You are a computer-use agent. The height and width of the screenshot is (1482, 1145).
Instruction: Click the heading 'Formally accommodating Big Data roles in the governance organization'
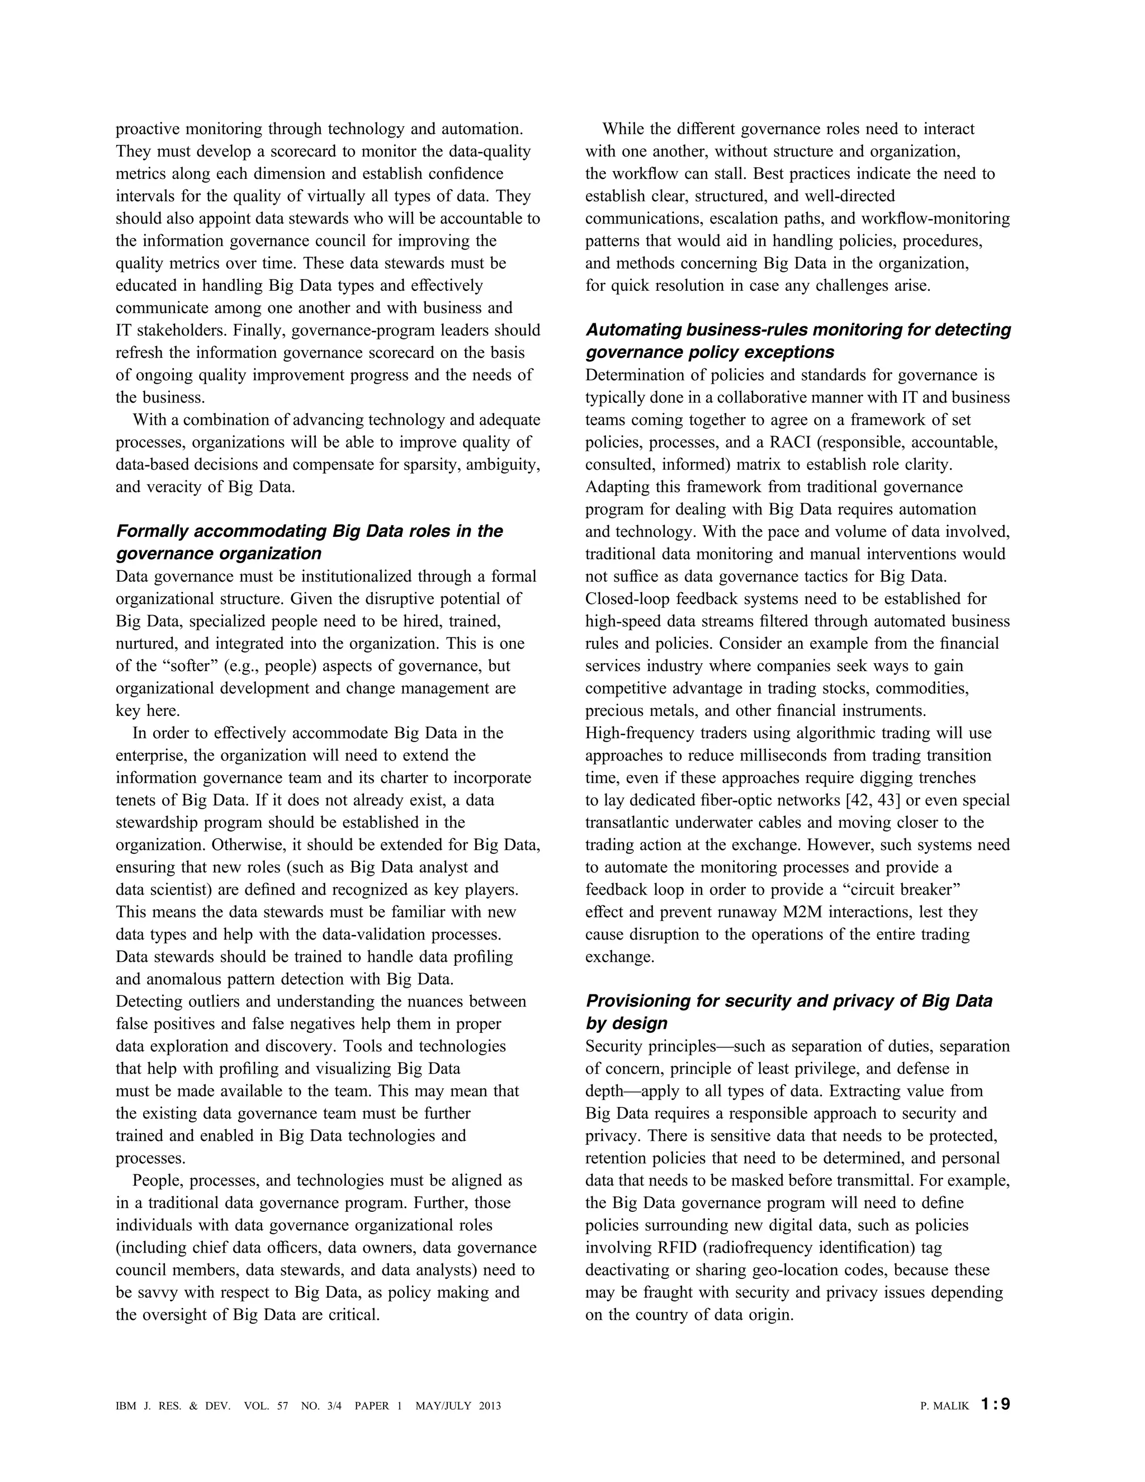coord(309,541)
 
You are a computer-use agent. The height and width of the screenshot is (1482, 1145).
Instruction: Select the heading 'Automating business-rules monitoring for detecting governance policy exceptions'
coord(798,341)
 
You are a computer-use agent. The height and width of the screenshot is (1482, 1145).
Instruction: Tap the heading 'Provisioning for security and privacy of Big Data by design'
coord(788,1012)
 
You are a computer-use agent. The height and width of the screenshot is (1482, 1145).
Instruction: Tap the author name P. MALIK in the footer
coord(944,1406)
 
